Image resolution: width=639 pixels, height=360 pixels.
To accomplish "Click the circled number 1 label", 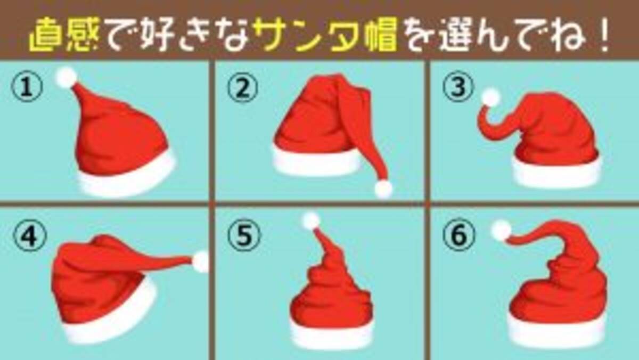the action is [27, 86].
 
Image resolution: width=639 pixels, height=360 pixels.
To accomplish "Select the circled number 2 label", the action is [243, 87].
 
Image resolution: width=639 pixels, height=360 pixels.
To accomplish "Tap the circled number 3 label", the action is [458, 86].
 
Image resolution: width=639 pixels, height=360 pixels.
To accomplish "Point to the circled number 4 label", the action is [29, 235].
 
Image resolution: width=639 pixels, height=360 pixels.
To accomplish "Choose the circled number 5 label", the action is [244, 235].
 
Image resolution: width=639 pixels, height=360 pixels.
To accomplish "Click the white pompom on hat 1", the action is [67, 78].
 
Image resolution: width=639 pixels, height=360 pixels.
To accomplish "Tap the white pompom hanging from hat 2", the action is [383, 189].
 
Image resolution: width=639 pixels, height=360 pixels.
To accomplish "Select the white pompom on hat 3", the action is [490, 97].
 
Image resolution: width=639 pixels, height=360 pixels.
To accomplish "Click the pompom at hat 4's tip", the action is [201, 261].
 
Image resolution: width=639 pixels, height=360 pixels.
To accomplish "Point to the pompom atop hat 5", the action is [311, 221].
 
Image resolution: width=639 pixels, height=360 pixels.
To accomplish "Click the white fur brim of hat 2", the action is [317, 161].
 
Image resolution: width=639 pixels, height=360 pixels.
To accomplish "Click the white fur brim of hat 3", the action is [557, 171].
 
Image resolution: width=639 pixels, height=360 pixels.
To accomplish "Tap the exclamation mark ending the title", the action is [602, 34].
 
